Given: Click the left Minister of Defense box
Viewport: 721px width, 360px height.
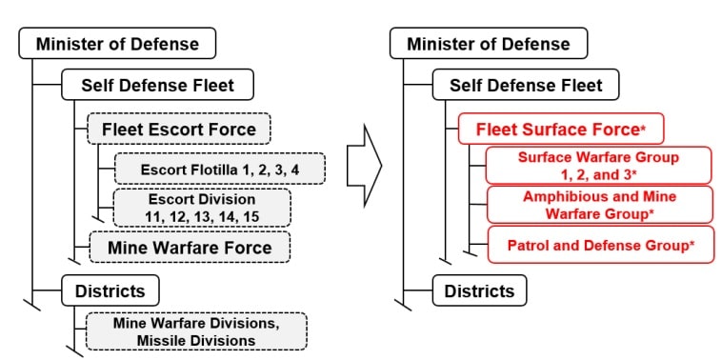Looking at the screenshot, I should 118,43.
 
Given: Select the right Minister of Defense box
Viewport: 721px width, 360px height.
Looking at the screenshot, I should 489,43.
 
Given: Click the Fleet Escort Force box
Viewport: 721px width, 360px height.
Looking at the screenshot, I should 179,128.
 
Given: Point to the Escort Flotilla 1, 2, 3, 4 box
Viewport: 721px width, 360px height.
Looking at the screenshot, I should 220,169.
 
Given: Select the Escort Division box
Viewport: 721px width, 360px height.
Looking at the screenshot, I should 201,208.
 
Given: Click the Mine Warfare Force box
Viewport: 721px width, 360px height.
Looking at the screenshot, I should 189,249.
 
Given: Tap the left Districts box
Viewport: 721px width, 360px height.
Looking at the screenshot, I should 110,290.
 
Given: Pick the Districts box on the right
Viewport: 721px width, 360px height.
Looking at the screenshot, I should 480,290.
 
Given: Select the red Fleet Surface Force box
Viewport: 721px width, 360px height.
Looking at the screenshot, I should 561,128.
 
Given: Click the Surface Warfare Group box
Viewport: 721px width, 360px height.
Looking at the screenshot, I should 599,165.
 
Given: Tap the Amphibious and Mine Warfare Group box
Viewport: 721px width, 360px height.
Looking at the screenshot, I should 599,205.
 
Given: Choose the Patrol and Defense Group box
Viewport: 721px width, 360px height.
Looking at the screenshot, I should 600,245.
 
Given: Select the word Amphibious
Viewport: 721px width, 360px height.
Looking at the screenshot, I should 562,196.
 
